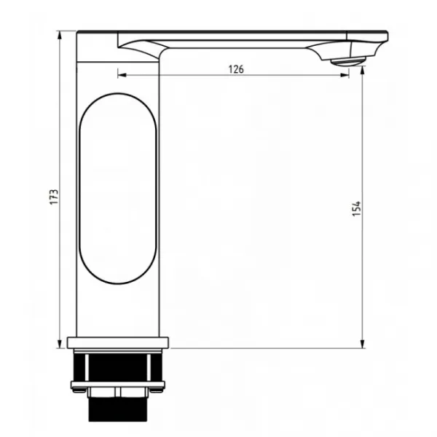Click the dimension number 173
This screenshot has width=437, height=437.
click(x=54, y=197)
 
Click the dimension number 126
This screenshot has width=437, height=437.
click(x=236, y=69)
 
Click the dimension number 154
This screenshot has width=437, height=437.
click(x=356, y=208)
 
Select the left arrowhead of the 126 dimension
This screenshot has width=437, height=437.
click(x=122, y=75)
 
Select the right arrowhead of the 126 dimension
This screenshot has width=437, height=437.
click(x=345, y=75)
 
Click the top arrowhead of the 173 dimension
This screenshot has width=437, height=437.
click(x=59, y=36)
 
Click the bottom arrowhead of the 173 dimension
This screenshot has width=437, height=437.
click(x=59, y=344)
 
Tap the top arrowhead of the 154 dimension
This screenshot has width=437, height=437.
click(x=362, y=71)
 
